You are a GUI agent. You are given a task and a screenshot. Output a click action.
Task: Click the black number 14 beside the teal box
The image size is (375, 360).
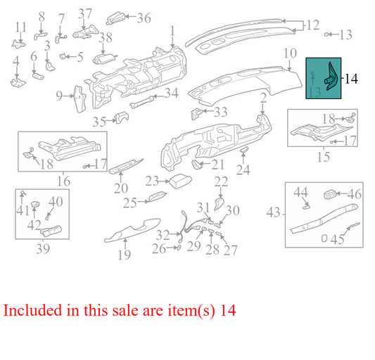pos(351,79)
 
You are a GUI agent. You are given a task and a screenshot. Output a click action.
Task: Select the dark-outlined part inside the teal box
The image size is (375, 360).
pos(331,77)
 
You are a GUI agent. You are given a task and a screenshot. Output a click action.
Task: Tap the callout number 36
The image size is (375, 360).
pos(144,18)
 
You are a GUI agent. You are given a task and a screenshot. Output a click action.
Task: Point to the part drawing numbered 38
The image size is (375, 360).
pos(104,59)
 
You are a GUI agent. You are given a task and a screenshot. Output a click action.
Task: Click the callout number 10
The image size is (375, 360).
pos(290,53)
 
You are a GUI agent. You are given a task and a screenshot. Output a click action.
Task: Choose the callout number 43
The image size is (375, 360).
pos(273,212)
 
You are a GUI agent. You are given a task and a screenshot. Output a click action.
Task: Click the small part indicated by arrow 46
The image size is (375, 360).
pos(330,195)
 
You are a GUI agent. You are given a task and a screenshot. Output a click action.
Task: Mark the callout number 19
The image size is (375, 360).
pos(125,255)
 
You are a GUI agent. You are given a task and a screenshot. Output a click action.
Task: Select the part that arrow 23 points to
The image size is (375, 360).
pos(180,182)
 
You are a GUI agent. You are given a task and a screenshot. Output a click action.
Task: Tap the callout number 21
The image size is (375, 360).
pos(217,165)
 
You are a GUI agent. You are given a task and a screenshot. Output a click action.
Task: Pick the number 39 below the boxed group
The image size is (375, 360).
pos(43,249)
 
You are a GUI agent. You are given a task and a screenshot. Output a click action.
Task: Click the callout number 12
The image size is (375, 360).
pos(312,25)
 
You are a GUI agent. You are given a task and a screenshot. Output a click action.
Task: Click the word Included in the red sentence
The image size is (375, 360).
pos(32,310)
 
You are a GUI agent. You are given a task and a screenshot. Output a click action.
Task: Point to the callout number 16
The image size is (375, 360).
pos(63,181)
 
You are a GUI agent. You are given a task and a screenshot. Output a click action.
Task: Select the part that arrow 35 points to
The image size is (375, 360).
pos(122,117)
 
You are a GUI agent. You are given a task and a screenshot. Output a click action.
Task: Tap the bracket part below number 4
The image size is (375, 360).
pos(18,82)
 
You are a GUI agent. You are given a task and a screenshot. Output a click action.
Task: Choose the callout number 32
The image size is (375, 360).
pos(163,235)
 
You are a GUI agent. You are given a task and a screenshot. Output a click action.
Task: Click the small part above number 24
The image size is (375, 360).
pos(244,150)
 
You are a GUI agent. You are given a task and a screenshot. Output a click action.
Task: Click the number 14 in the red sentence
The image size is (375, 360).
pos(228,310)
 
